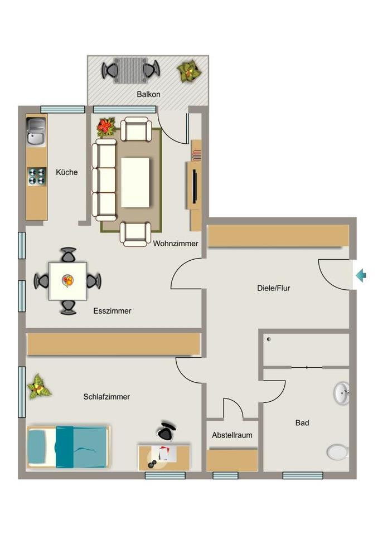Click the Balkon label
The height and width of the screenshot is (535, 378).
point(148,94)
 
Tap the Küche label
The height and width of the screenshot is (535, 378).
point(67,172)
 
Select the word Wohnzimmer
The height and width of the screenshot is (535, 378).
point(176,244)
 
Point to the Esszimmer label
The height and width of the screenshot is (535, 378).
point(112,311)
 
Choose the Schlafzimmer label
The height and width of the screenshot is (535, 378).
point(106,397)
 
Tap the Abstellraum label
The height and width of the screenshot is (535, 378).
point(232,435)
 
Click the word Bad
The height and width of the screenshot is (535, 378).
point(302,423)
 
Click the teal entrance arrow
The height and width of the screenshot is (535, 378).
point(361,275)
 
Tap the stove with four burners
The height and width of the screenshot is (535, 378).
point(37,176)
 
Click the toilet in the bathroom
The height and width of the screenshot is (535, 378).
point(337,451)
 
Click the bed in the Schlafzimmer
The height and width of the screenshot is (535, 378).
point(68,447)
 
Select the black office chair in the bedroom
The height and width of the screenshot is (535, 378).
point(166,430)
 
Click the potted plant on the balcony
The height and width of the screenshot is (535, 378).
point(188,71)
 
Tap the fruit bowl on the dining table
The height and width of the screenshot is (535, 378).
point(68,280)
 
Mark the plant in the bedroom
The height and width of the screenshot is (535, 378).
point(39,386)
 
